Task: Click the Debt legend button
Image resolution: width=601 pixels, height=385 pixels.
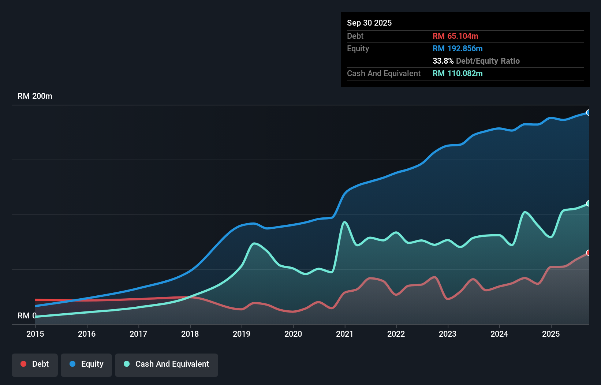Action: [x=35, y=365]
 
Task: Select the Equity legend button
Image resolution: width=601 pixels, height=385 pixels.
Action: [x=86, y=365]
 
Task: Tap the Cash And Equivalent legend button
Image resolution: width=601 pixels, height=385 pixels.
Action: [x=167, y=365]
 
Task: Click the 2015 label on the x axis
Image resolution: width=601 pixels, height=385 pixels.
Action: [x=35, y=334]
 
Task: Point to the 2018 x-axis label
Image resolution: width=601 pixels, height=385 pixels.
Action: [x=190, y=334]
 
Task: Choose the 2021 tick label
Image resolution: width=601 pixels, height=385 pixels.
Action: [x=345, y=334]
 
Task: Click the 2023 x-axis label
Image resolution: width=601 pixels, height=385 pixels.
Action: [x=448, y=334]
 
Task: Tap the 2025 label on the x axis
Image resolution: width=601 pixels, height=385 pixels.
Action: [x=551, y=334]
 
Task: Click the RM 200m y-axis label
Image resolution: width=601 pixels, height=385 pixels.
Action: [x=35, y=96]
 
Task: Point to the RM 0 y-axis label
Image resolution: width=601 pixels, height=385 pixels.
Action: [x=27, y=316]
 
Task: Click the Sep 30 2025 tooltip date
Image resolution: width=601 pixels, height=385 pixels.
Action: [x=369, y=23]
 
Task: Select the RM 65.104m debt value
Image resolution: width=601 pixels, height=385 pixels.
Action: [x=455, y=36]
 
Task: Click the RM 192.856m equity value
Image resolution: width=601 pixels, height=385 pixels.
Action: [x=457, y=49]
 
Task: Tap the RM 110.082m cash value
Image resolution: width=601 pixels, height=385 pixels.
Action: [x=457, y=74]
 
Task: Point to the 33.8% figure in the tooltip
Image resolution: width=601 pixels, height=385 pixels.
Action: [x=443, y=61]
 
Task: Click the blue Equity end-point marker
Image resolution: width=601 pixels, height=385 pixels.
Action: [x=588, y=113]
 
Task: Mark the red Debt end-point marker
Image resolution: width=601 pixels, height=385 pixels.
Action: [x=588, y=253]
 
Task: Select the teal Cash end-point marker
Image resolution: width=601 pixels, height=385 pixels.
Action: [x=588, y=203]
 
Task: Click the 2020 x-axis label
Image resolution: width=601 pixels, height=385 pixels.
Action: [x=293, y=334]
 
